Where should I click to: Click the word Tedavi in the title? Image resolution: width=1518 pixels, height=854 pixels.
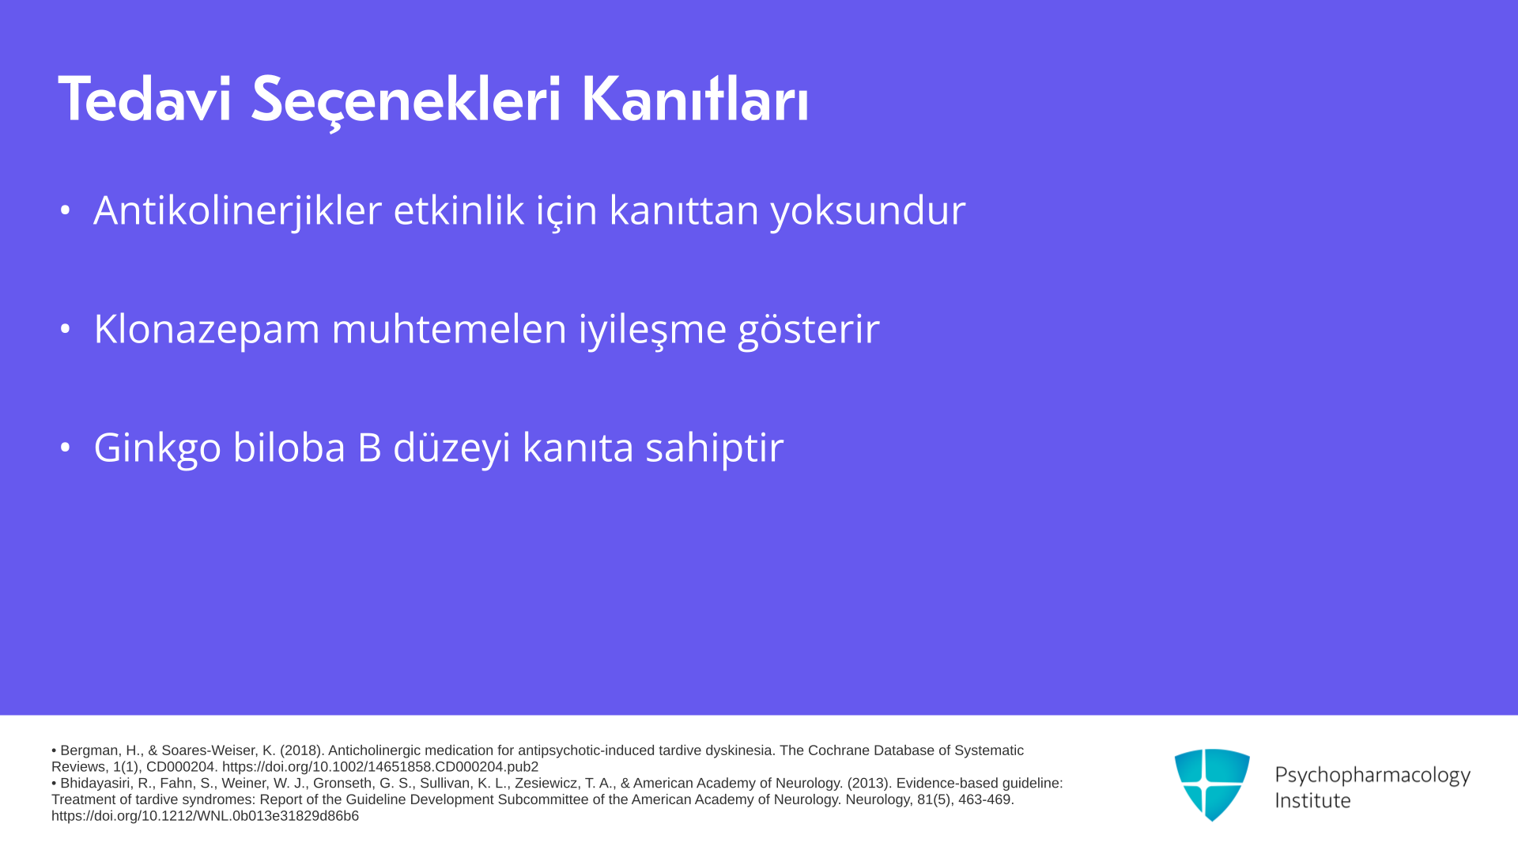coord(145,100)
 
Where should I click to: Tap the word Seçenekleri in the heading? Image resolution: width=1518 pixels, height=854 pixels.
coord(406,101)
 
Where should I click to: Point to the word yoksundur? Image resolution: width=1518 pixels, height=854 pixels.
coord(868,211)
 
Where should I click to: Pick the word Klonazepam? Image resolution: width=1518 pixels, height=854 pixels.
coord(206,330)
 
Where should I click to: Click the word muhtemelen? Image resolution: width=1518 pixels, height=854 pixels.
coord(449,328)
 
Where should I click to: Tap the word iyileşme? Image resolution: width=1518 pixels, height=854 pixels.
coord(652,330)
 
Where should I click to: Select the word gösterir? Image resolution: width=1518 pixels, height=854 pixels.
coord(809,330)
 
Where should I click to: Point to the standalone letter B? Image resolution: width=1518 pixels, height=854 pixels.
coord(369,447)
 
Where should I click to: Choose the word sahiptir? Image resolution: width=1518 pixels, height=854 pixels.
coord(714,448)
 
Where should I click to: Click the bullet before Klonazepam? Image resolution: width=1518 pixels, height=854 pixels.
coord(66,328)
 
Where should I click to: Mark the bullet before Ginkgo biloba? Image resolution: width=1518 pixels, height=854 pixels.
coord(66,447)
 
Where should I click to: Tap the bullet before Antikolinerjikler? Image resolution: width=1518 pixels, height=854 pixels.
coord(66,210)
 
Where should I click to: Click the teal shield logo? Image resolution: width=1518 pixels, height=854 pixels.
coord(1212,784)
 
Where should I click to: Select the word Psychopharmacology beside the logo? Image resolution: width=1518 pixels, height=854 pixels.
coord(1373,776)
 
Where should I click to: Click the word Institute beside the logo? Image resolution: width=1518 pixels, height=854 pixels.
coord(1313,800)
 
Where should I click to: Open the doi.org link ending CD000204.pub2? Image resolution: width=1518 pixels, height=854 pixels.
coord(380,767)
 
